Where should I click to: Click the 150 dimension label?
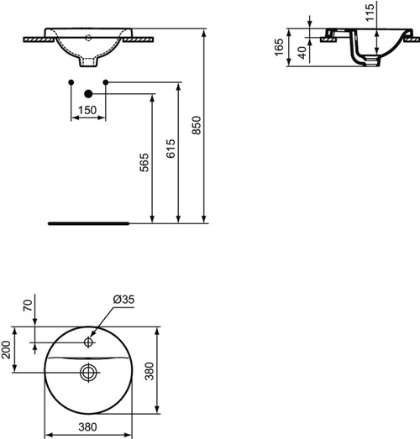click(87, 110)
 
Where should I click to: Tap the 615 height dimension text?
click(171, 149)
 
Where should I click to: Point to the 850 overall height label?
click(197, 125)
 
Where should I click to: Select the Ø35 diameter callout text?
click(123, 300)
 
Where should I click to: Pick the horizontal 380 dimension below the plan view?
click(87, 426)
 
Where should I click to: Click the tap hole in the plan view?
click(88, 342)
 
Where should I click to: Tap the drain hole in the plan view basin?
click(88, 370)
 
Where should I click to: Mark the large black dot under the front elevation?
click(87, 95)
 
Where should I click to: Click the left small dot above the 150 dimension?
click(71, 81)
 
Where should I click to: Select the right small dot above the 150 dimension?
click(106, 81)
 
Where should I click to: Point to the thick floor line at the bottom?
click(88, 224)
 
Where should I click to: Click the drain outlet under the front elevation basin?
click(88, 62)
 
